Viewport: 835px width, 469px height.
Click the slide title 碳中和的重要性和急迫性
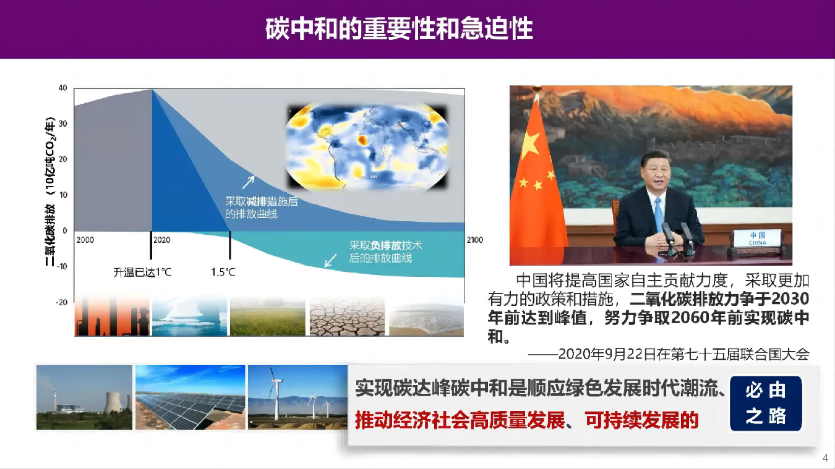click(399, 28)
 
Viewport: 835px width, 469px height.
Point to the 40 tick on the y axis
click(62, 88)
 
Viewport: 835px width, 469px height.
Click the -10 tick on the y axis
click(62, 266)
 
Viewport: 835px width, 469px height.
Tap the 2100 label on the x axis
click(475, 240)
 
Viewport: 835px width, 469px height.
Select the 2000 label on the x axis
click(85, 240)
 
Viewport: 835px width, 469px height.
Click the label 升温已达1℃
click(142, 273)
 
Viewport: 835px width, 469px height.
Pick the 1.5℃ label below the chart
click(223, 272)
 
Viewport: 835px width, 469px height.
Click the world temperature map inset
click(367, 147)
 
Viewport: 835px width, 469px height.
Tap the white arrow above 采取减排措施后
click(249, 182)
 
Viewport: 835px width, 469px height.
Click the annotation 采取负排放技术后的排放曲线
click(385, 251)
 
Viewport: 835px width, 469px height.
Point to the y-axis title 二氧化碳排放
click(50, 235)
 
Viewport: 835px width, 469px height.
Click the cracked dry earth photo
click(347, 317)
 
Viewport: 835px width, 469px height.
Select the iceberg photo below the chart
click(189, 316)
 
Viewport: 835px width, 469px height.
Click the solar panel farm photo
click(190, 397)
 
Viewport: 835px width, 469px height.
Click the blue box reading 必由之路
click(766, 403)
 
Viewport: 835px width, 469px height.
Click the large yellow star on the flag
click(530, 145)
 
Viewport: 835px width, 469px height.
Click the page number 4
click(825, 458)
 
